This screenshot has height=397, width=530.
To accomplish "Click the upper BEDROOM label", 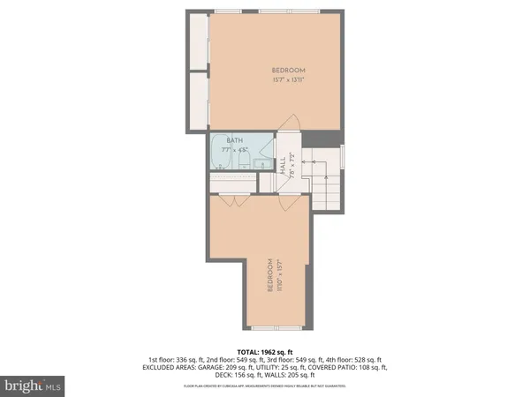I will (288, 71).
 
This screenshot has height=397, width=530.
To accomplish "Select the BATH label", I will (234, 140).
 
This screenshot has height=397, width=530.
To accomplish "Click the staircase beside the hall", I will (325, 176).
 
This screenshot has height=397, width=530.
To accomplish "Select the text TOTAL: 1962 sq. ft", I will (265, 351).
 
